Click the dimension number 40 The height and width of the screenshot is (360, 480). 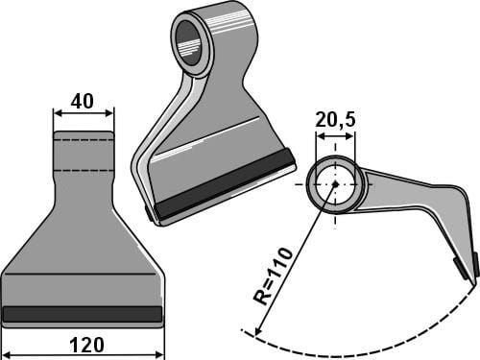(x=83, y=102)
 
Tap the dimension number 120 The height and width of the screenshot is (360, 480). (x=86, y=346)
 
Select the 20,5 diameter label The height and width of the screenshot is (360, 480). (x=335, y=120)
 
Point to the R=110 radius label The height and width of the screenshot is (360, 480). (x=273, y=276)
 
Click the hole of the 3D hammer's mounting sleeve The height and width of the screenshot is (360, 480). (x=189, y=42)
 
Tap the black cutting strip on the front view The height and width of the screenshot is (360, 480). (x=83, y=314)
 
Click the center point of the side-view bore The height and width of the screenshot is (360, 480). (x=335, y=184)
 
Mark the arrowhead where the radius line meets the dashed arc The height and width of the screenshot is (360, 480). (x=257, y=330)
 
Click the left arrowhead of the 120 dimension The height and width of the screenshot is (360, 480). (x=8, y=354)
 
